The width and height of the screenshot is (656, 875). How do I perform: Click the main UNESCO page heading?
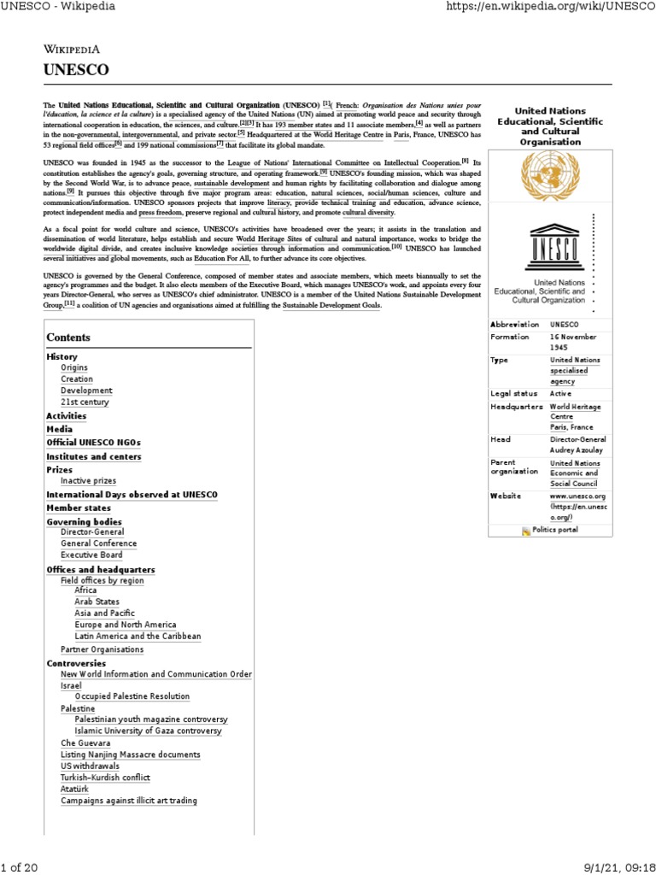77,71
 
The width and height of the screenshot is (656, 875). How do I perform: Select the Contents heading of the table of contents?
68,338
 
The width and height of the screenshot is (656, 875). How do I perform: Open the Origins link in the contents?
74,367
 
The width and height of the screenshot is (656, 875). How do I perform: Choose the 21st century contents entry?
85,402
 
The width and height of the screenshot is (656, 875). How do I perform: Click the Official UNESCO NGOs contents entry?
93,443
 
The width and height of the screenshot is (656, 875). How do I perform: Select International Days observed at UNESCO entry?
132,495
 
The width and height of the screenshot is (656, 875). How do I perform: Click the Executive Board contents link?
91,555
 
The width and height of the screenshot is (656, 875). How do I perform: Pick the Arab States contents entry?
97,602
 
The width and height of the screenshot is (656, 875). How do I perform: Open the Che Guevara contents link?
85,743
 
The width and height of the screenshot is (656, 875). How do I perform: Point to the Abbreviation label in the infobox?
514,325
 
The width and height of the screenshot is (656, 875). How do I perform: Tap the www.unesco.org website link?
577,496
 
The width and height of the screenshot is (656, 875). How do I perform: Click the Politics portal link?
554,530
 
